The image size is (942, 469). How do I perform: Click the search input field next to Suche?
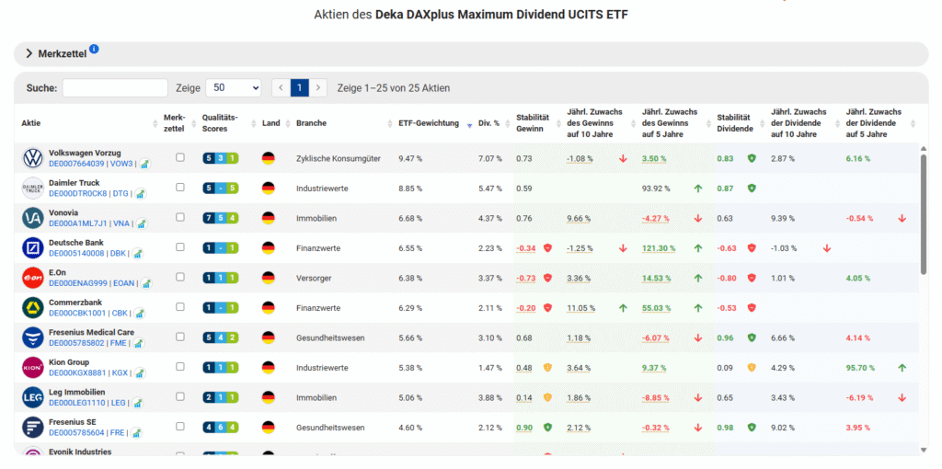[115, 88]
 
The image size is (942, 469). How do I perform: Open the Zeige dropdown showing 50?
[233, 88]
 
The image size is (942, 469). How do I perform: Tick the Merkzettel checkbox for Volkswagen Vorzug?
[180, 158]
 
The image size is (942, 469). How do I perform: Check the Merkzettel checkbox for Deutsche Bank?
[180, 248]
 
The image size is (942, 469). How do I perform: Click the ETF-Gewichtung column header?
[429, 123]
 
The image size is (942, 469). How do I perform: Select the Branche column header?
[311, 123]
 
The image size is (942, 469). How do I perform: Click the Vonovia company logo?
[32, 218]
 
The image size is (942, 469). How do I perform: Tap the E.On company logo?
[32, 279]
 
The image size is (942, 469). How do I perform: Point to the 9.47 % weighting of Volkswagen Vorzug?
[410, 158]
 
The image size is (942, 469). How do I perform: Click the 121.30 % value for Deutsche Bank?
[659, 248]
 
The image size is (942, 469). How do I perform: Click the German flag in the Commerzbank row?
[269, 308]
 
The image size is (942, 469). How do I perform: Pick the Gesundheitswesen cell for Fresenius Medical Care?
[327, 337]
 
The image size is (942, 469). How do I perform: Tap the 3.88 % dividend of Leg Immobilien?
[489, 398]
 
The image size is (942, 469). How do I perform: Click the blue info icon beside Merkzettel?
[95, 50]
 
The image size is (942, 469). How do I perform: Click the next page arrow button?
[318, 88]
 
